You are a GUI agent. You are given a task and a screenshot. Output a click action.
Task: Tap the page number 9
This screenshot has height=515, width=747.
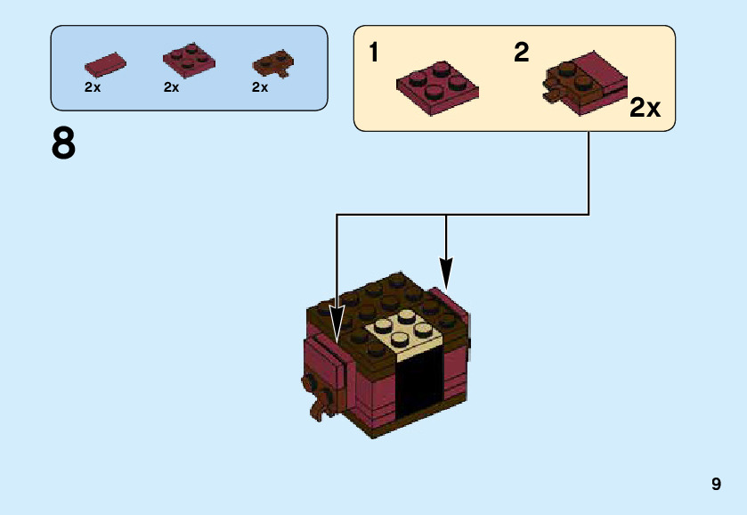(716, 485)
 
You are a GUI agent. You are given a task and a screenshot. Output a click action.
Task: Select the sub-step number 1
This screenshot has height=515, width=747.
(374, 53)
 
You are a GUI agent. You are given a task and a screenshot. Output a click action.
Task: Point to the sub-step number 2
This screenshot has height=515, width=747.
(521, 53)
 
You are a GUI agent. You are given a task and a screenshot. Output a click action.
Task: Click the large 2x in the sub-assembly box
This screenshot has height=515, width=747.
(645, 109)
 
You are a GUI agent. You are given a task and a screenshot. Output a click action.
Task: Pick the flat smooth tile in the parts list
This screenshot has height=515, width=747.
(105, 64)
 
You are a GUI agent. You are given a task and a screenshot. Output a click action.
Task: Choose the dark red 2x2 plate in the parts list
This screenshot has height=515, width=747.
(189, 59)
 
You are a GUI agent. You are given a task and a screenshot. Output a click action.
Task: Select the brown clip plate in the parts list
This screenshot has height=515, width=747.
(273, 64)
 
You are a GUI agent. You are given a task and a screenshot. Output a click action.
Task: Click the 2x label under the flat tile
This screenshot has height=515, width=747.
(93, 87)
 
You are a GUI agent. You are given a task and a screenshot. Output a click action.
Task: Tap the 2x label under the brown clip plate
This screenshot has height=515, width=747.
(260, 87)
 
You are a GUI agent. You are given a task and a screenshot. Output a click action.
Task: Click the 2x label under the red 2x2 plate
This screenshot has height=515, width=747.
(172, 87)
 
